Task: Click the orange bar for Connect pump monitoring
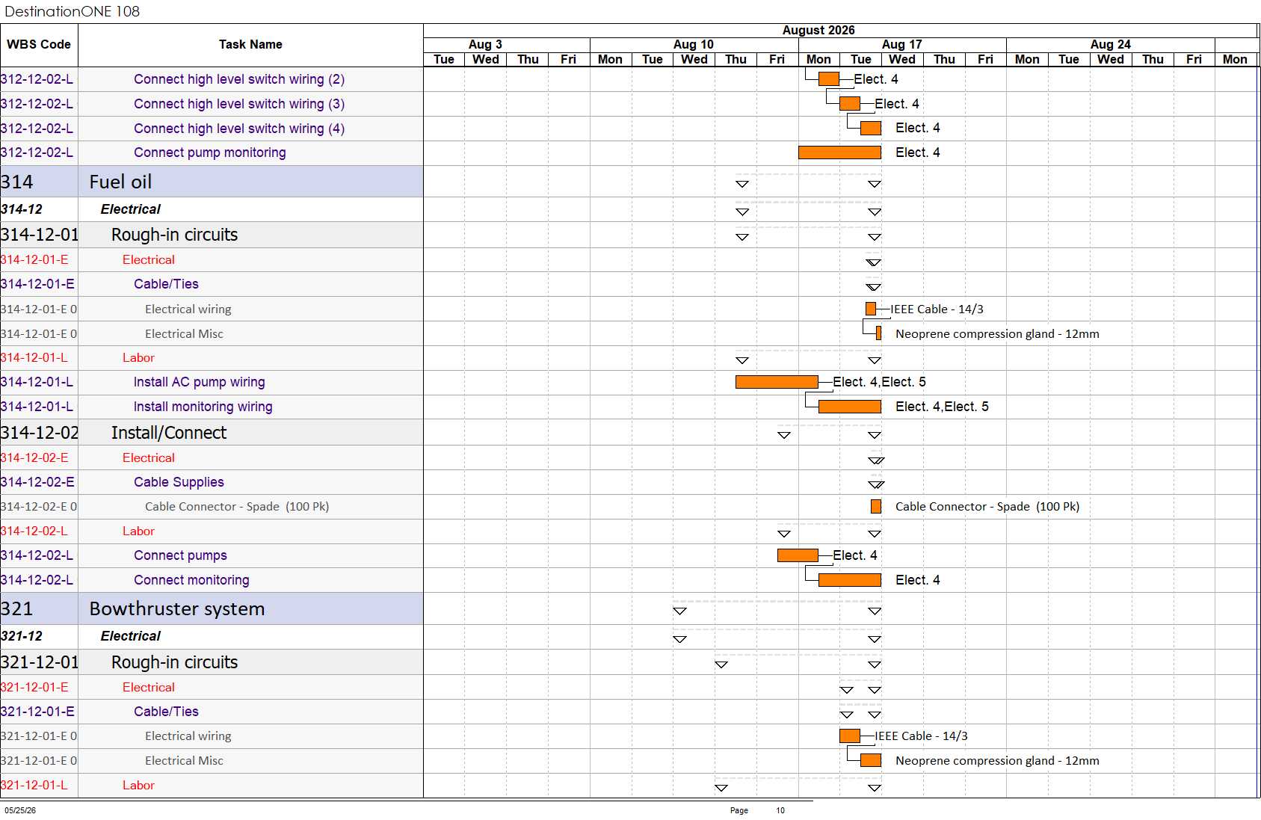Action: pyautogui.click(x=839, y=152)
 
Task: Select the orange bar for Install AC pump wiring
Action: pyautogui.click(x=777, y=382)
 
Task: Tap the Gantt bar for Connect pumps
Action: pyautogui.click(x=798, y=555)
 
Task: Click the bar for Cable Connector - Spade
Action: pyautogui.click(x=876, y=507)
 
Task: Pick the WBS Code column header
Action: pyautogui.click(x=39, y=44)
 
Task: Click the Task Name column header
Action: pyautogui.click(x=250, y=44)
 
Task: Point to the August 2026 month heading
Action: pyautogui.click(x=818, y=31)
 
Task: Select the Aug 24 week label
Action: pyautogui.click(x=1110, y=44)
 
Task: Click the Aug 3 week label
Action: pyautogui.click(x=485, y=44)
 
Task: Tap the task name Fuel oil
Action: pyautogui.click(x=120, y=182)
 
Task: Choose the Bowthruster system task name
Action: pyautogui.click(x=176, y=609)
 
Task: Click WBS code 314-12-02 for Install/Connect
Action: pyautogui.click(x=40, y=433)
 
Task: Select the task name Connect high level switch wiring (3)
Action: pyautogui.click(x=239, y=104)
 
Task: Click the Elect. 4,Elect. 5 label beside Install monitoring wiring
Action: pyautogui.click(x=942, y=407)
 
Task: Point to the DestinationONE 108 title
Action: pyautogui.click(x=72, y=11)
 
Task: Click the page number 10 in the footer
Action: pyautogui.click(x=780, y=810)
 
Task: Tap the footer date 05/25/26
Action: pyautogui.click(x=20, y=810)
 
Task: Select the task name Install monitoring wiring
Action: pyautogui.click(x=203, y=407)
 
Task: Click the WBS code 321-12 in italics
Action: pyautogui.click(x=22, y=637)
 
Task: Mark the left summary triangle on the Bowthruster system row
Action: pyautogui.click(x=679, y=611)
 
